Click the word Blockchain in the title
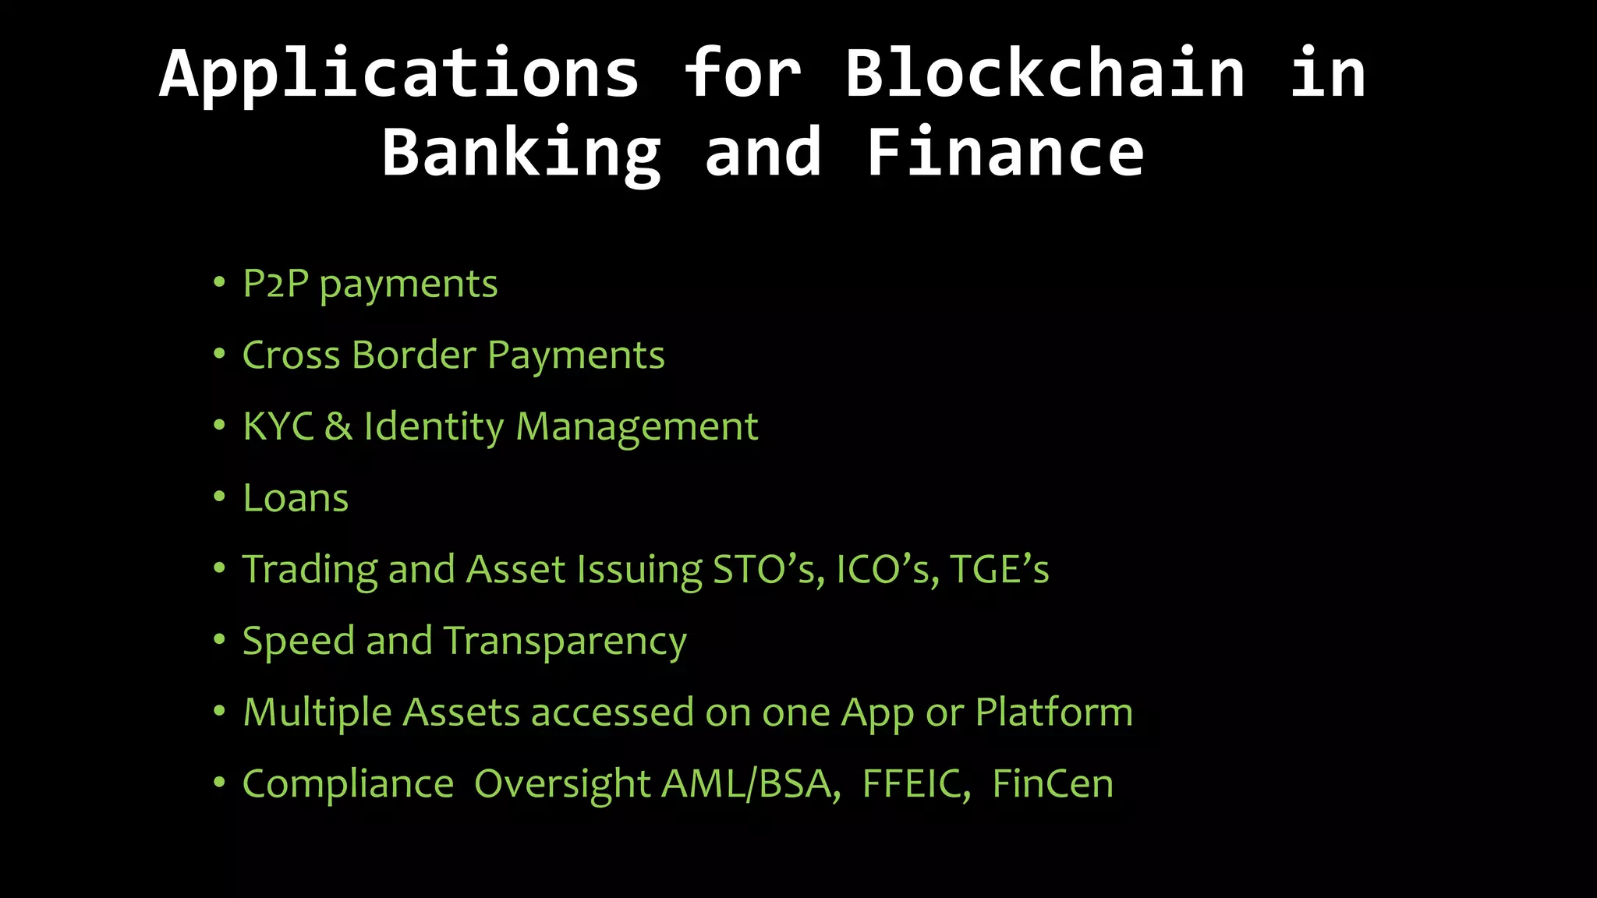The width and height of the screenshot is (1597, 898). pos(1045,73)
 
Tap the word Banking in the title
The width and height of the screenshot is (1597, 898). pos(521,153)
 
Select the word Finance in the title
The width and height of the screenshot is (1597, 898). pos(1004,153)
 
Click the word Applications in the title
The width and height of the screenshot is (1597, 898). pos(399,73)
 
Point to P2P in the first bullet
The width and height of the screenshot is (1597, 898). pos(275,284)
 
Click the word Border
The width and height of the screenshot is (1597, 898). pos(413,355)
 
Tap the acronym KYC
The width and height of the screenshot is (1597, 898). pos(278,427)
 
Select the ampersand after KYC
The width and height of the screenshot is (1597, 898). pos(338,427)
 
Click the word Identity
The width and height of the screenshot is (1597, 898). pos(434,427)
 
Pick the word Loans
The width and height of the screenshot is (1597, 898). pos(296,499)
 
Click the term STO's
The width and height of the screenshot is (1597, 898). pos(768,570)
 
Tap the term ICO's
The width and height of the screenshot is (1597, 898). pos(887,570)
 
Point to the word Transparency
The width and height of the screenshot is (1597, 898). pos(565,642)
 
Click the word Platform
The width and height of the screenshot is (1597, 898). pos(1053,712)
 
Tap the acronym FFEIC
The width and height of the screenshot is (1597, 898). pos(916,784)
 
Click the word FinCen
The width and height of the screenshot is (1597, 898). pos(1053,784)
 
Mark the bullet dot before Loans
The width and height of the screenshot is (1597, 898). pos(219,497)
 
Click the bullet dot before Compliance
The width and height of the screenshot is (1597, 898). pos(219,782)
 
